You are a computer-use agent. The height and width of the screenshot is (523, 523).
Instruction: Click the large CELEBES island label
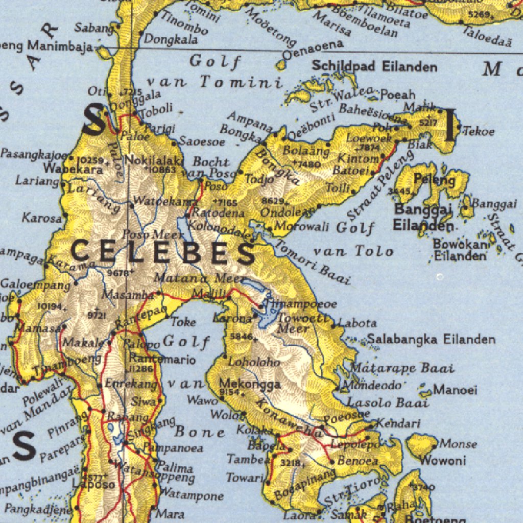163,253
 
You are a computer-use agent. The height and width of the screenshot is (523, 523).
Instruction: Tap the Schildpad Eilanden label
374,66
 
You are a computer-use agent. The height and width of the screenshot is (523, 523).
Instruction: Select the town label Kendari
398,423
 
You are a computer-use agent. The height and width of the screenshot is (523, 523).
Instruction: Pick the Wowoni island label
443,460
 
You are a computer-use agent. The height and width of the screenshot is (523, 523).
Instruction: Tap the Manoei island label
456,390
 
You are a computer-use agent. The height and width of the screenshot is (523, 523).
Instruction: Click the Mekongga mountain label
250,384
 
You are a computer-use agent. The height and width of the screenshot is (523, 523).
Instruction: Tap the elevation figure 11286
140,369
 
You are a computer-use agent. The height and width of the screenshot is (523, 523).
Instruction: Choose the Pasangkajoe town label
34,154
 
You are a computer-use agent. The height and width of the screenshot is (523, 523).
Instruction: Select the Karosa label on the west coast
41,218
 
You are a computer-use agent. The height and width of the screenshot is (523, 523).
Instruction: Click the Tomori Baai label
312,261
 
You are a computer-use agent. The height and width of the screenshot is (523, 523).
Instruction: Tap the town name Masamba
128,295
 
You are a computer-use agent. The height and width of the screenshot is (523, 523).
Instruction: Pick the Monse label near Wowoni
458,443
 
